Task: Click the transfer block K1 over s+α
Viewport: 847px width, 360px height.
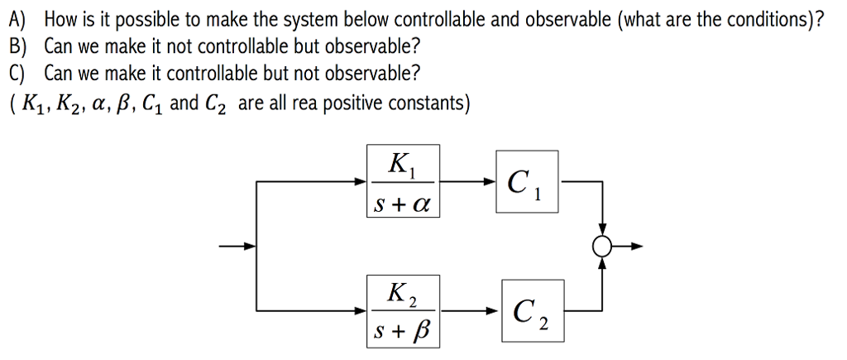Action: pyautogui.click(x=403, y=181)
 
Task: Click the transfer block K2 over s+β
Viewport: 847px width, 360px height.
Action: pyautogui.click(x=403, y=312)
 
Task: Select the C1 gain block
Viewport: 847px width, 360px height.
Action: pyautogui.click(x=527, y=181)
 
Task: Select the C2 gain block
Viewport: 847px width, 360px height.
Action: pyautogui.click(x=531, y=312)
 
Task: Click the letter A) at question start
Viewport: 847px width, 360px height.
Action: pyautogui.click(x=19, y=18)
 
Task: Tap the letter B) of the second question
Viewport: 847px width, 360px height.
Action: pyautogui.click(x=19, y=46)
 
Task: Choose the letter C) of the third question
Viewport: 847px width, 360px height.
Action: pyautogui.click(x=19, y=73)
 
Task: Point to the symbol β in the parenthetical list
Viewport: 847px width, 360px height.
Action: pyautogui.click(x=119, y=104)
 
